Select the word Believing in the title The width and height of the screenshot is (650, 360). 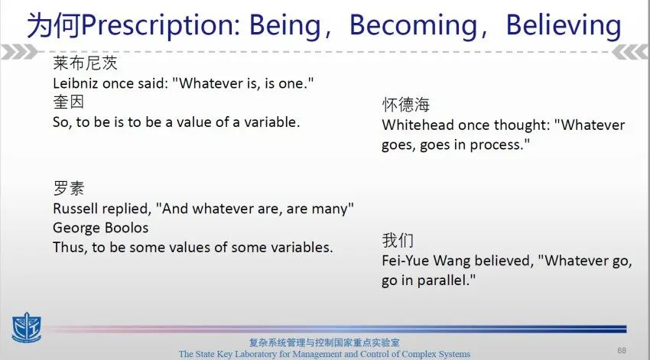[x=564, y=26]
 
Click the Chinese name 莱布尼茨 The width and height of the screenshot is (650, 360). [x=85, y=63]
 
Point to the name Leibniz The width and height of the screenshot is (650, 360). [x=76, y=83]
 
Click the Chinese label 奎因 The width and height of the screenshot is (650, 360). [x=68, y=102]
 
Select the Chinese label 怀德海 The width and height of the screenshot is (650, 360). [x=406, y=105]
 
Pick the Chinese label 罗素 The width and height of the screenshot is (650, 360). [x=68, y=189]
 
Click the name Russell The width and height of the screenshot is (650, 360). [x=76, y=209]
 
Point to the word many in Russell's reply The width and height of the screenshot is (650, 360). [x=329, y=209]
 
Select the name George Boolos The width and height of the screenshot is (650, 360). [x=101, y=228]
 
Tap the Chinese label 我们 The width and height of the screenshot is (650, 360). [x=398, y=240]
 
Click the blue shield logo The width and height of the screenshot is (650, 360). [x=27, y=328]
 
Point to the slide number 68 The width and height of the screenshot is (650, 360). [x=622, y=351]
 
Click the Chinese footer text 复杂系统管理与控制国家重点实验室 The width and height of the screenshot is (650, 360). [x=324, y=342]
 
